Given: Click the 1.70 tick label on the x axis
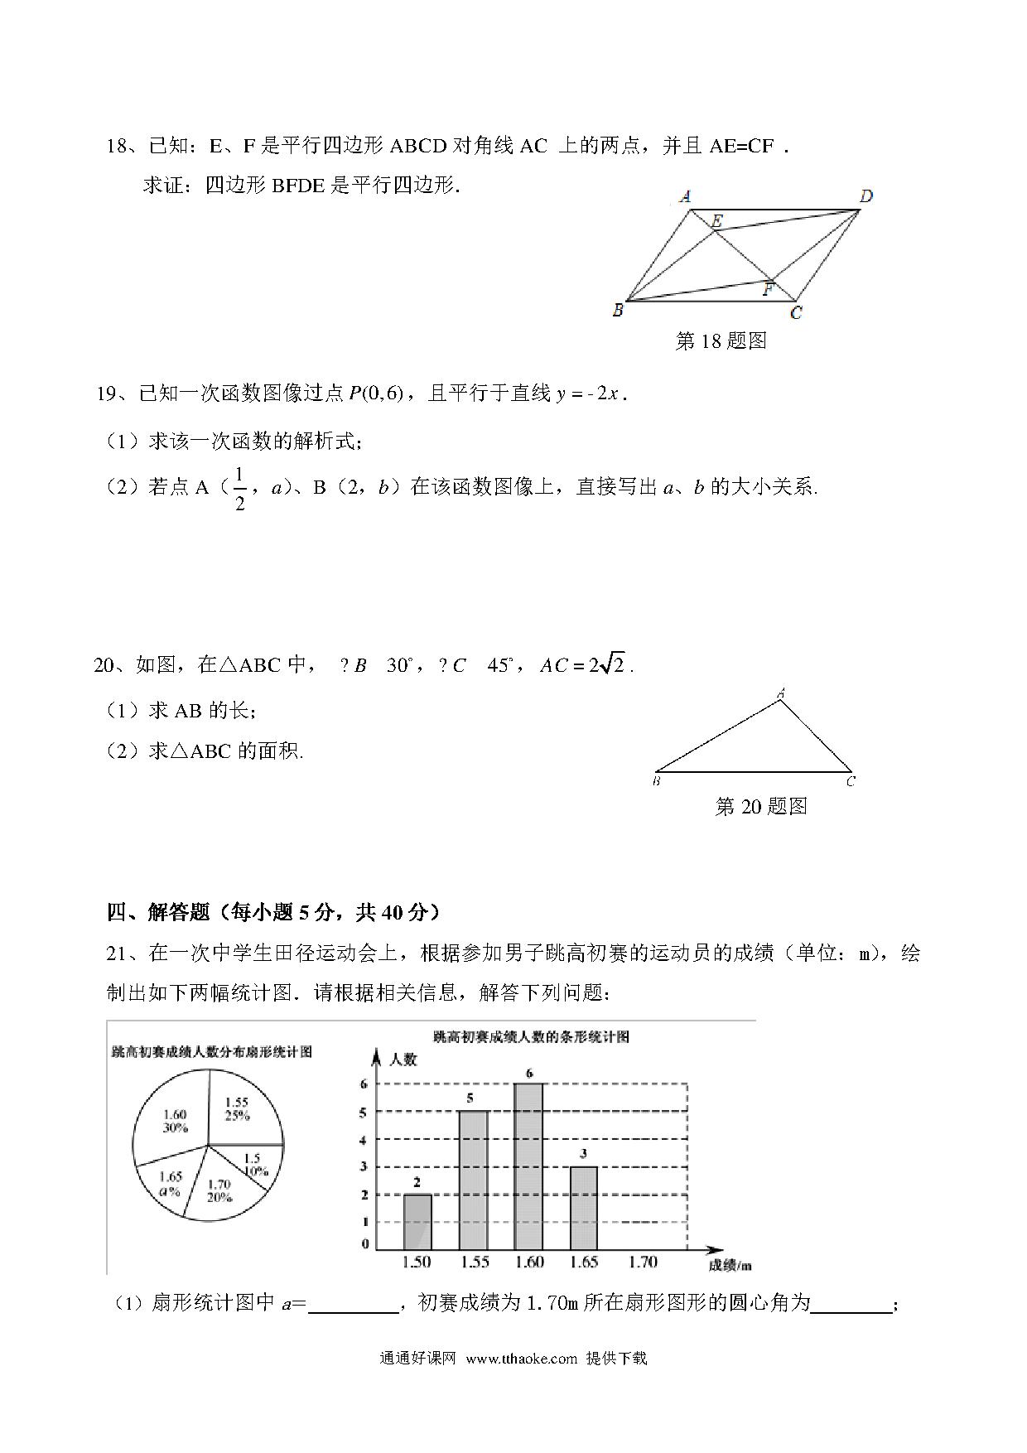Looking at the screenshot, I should [x=643, y=1262].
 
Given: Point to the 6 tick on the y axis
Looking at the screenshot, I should [x=364, y=1084].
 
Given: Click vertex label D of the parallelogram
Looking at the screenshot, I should [x=866, y=196].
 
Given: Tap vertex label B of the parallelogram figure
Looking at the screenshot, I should [x=617, y=311].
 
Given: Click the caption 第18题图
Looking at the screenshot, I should [x=721, y=340].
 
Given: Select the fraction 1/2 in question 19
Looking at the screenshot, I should [x=240, y=489].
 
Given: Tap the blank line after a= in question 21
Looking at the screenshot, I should [x=353, y=1304].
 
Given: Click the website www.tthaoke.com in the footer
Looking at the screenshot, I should [x=521, y=1359].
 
